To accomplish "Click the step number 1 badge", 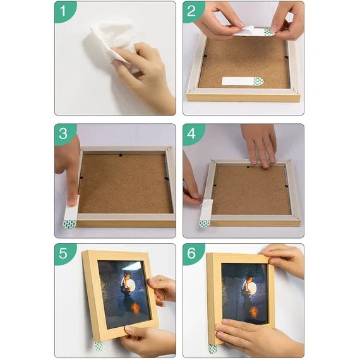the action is pyautogui.click(x=64, y=11).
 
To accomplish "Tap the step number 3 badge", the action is pyautogui.click(x=64, y=134).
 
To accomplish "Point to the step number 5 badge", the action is pyautogui.click(x=64, y=253).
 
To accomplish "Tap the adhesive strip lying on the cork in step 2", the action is pyautogui.click(x=243, y=81).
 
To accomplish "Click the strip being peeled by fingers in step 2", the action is pyautogui.click(x=254, y=32).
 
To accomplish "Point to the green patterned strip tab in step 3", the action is pyautogui.click(x=69, y=224).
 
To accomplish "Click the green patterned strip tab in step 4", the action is pyautogui.click(x=204, y=224).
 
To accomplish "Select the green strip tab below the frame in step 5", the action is pyautogui.click(x=99, y=346).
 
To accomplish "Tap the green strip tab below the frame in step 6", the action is pyautogui.click(x=213, y=349).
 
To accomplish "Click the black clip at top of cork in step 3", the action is pyautogui.click(x=120, y=155).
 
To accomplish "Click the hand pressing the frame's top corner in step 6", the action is pyautogui.click(x=284, y=261).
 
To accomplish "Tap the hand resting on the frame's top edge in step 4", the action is pyautogui.click(x=260, y=145).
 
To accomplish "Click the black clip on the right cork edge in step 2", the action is pyautogui.click(x=286, y=57).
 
